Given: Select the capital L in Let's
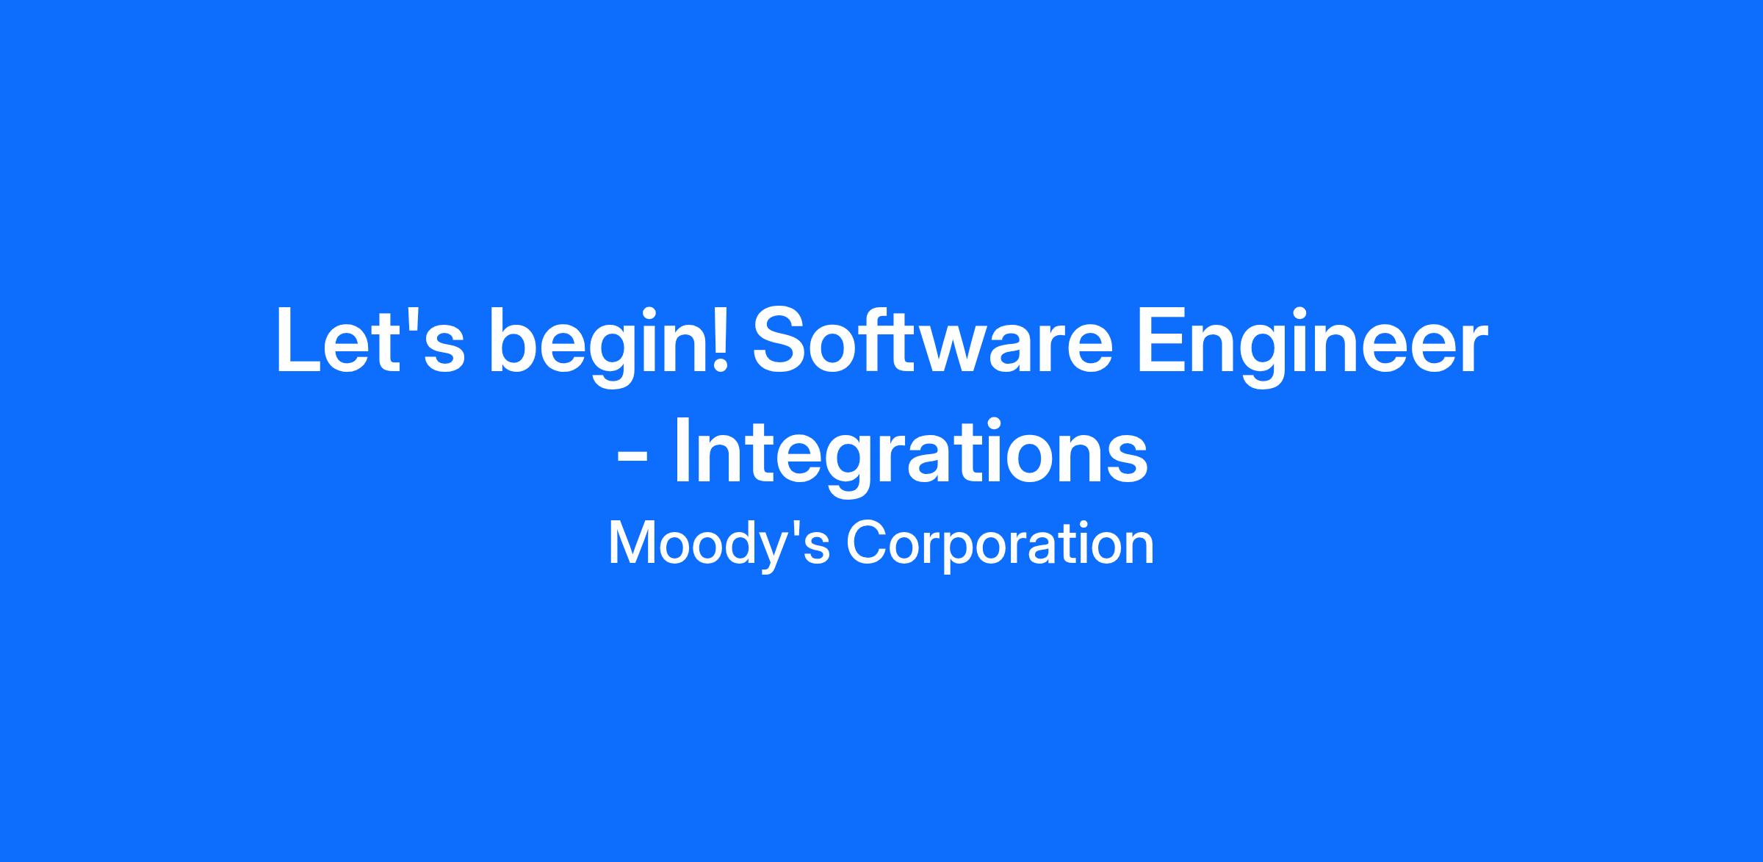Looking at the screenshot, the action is [298, 341].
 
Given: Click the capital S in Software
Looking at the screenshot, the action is [781, 340].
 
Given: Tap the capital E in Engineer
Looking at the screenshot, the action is [1161, 341].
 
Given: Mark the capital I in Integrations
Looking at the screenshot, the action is [682, 450].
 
